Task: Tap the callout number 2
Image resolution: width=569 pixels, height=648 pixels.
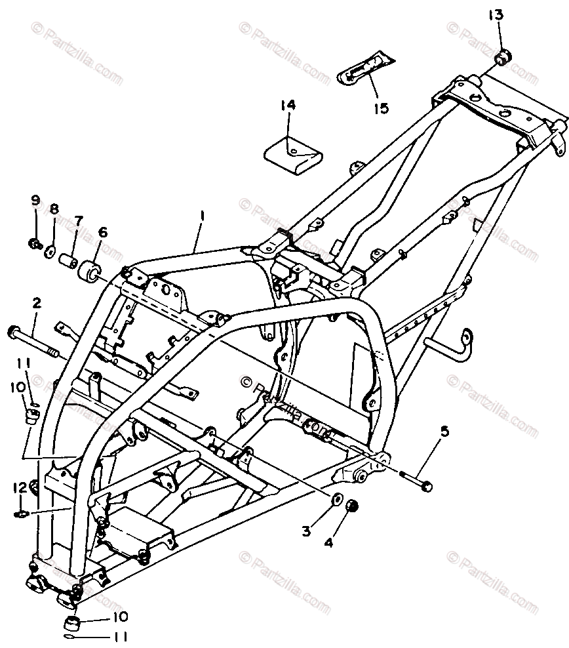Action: [37, 303]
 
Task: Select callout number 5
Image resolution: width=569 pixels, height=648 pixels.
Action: [445, 432]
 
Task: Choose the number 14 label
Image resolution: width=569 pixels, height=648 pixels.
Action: [288, 105]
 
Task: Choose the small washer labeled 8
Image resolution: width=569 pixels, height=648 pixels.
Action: [50, 251]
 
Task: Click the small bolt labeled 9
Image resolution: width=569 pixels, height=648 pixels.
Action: [34, 245]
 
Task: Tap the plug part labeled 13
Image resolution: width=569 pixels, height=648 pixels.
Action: [503, 58]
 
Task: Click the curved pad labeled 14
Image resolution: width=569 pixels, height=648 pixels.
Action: [294, 155]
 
